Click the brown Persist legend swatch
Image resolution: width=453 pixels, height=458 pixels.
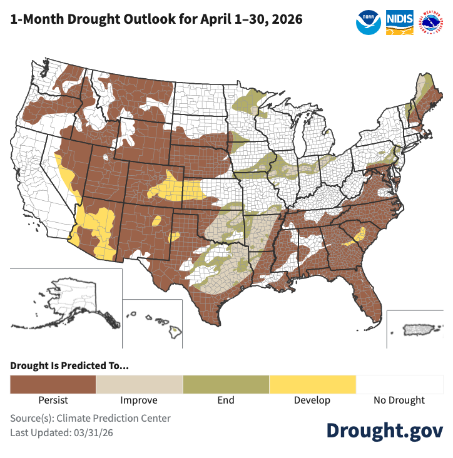[x=53, y=384]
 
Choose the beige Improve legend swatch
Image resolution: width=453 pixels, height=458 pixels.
[x=139, y=384]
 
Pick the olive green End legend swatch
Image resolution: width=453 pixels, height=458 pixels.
[x=225, y=384]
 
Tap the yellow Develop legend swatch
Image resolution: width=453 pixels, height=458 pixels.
[x=312, y=384]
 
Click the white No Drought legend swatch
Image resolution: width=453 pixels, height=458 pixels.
[x=399, y=384]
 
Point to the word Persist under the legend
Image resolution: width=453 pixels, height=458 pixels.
[x=53, y=400]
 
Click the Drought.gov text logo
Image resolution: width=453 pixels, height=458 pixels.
[x=385, y=430]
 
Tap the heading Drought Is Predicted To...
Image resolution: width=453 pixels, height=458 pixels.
[x=69, y=366]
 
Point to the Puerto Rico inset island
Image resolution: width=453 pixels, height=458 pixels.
[x=414, y=329]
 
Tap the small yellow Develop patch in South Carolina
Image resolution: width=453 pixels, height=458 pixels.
[x=360, y=235]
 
